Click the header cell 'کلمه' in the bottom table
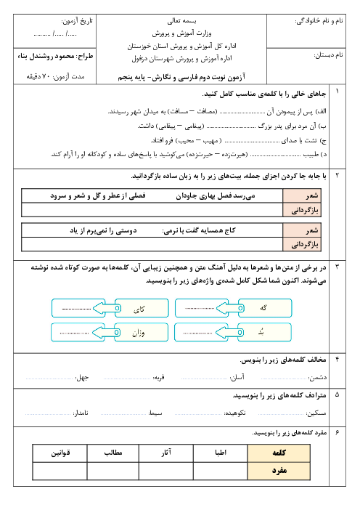279,453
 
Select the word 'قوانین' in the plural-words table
60,453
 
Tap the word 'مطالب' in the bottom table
113,453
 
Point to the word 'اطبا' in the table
221,453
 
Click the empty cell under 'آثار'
166,471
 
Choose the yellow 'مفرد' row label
279,471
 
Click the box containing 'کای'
142,308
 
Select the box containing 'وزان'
142,332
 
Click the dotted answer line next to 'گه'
200,308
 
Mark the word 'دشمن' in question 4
318,377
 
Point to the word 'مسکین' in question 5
316,413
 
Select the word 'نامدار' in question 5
81,413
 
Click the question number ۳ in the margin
337,267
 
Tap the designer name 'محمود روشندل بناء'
46,56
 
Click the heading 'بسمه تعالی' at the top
181,21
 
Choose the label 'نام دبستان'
328,55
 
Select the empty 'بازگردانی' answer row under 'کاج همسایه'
152,244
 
